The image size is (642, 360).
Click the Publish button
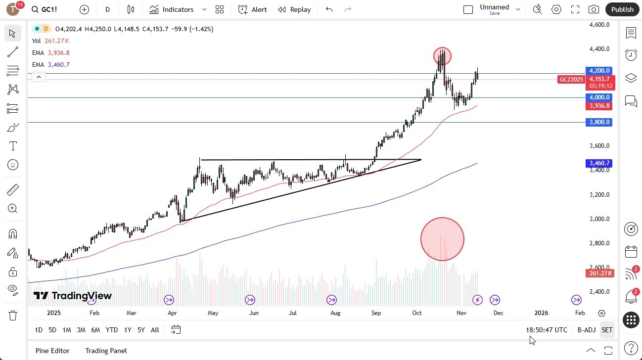622,9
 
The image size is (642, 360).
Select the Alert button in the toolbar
252,9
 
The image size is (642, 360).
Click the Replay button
294,9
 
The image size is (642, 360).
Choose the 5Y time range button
141,330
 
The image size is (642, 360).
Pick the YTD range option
112,330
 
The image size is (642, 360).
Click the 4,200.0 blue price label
598,71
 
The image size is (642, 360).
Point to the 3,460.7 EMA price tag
598,163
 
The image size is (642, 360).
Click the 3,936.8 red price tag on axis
598,106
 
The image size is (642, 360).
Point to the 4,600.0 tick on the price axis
599,25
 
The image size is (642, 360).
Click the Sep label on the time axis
376,313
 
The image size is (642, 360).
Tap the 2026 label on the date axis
541,313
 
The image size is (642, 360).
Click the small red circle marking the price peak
442,56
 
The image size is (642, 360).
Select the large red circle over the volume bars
442,239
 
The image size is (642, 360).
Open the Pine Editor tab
52,351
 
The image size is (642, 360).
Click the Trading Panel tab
106,351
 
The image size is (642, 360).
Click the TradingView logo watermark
73,296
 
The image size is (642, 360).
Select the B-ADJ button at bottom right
586,330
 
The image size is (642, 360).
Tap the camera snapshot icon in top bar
594,9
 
